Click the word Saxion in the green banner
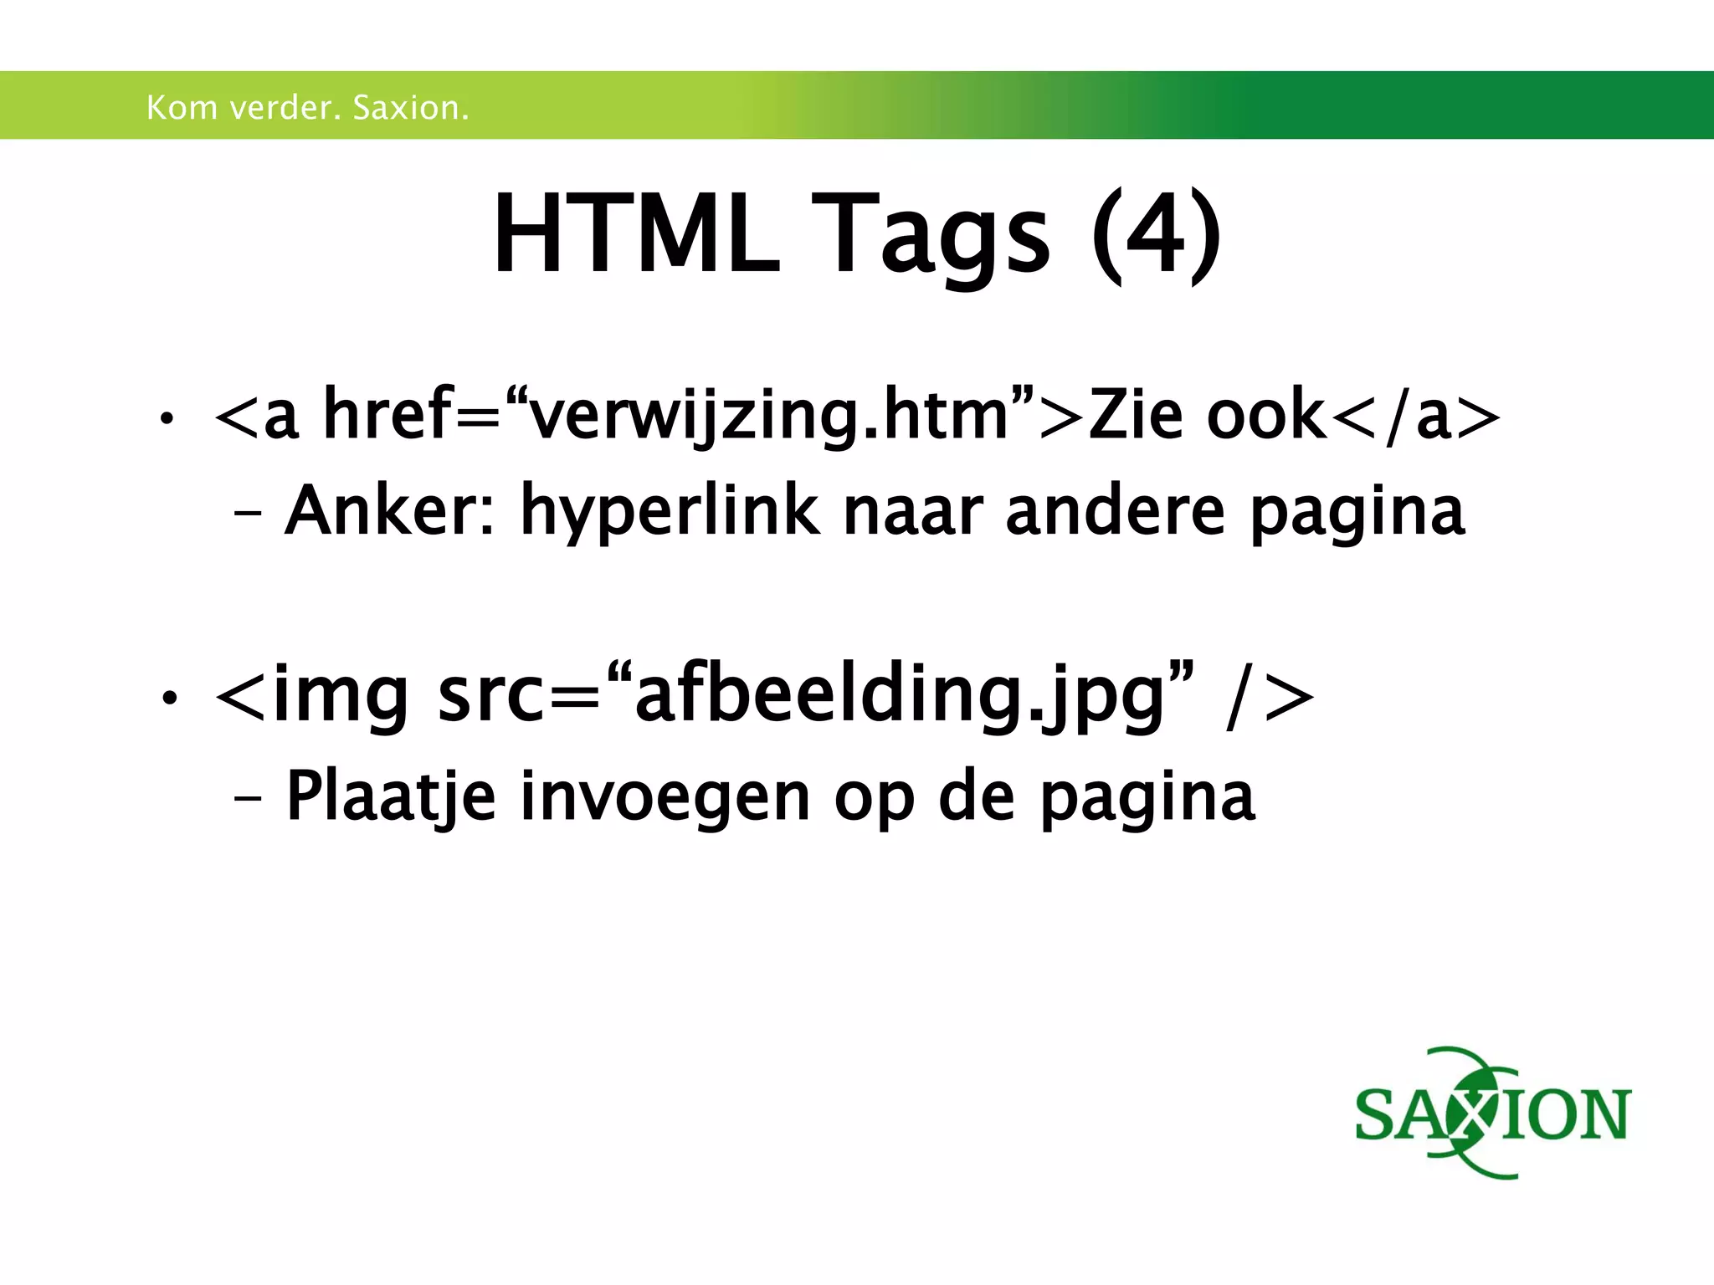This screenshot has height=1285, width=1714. [x=410, y=108]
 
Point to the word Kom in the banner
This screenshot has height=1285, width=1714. [x=182, y=108]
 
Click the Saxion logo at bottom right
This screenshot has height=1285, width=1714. [x=1492, y=1113]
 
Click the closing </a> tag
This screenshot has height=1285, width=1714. [x=1415, y=416]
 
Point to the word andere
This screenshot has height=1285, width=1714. [x=1115, y=510]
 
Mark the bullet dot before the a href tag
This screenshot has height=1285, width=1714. [x=168, y=418]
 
